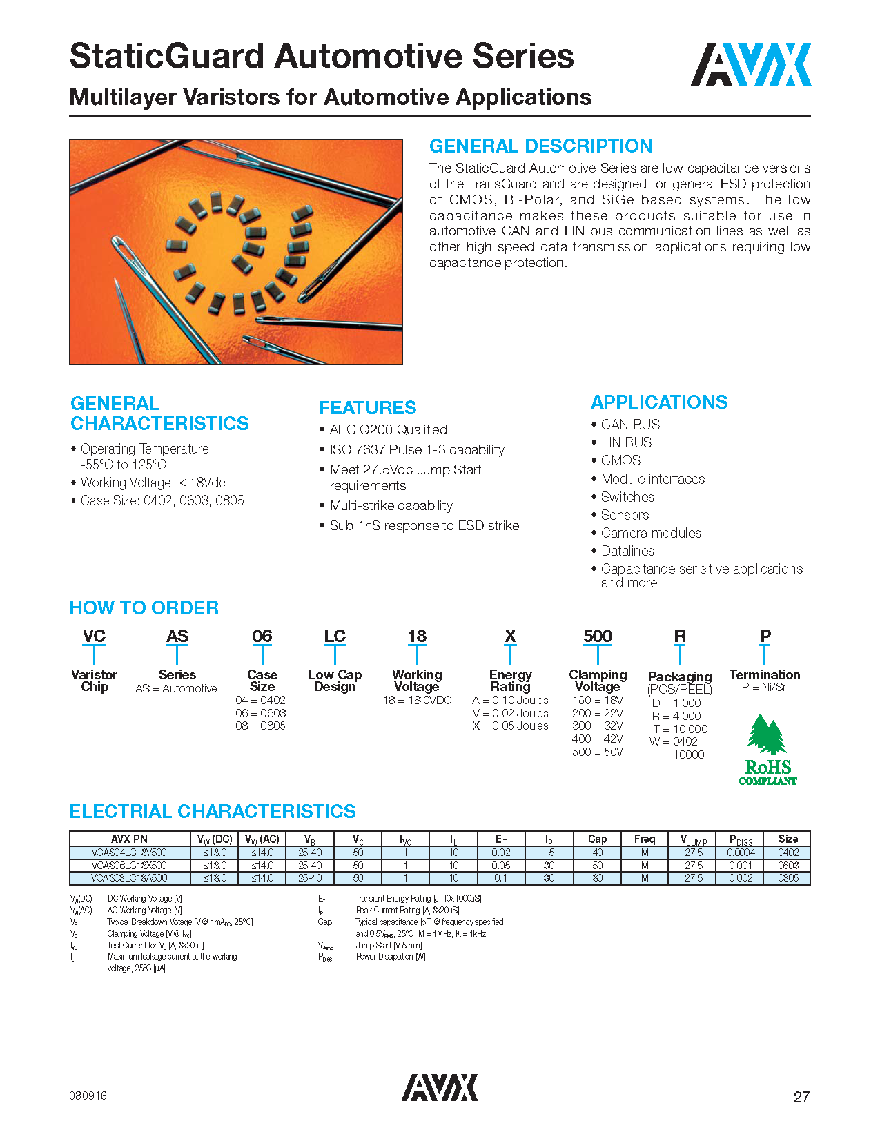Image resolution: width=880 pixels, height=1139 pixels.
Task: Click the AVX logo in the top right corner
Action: click(750, 65)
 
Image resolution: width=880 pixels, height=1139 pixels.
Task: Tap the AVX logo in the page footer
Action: click(439, 1087)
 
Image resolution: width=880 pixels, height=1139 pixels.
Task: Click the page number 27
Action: click(801, 1097)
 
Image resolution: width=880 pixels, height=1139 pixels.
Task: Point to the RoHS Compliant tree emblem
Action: click(767, 750)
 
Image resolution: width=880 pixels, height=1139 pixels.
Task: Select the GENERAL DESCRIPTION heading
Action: click(540, 146)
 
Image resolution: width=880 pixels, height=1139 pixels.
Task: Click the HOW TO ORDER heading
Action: click(144, 608)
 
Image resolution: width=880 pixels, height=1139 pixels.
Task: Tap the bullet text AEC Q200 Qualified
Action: click(388, 429)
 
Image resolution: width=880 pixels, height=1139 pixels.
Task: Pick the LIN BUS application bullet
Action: click(626, 442)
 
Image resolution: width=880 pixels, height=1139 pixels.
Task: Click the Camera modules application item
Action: click(651, 533)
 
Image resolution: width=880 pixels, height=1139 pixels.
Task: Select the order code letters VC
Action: click(94, 636)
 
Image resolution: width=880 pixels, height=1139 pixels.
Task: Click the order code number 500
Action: click(597, 636)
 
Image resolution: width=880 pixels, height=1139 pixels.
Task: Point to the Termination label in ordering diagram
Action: click(764, 674)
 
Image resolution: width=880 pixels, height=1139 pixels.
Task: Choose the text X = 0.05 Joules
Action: click(510, 726)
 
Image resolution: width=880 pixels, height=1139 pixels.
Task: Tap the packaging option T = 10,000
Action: click(680, 729)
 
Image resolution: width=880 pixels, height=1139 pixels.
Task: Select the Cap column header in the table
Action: click(597, 839)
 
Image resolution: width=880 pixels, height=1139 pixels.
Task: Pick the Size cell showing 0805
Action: click(788, 878)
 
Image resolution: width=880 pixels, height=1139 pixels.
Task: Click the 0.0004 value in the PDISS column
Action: click(741, 853)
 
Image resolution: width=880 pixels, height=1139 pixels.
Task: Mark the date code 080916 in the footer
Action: click(88, 1096)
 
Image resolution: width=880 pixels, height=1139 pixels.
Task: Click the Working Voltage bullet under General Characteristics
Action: click(153, 483)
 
